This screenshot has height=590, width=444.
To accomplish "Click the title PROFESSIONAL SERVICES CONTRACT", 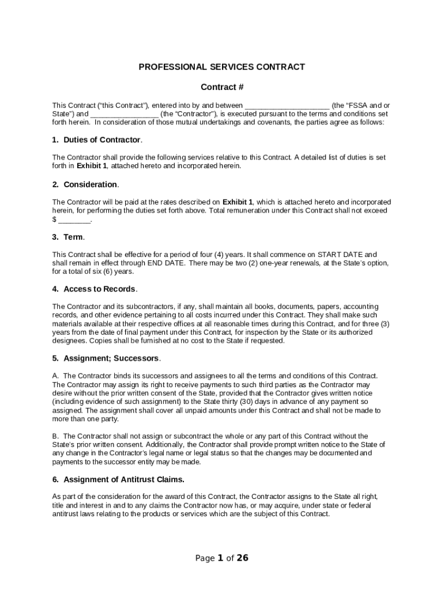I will tap(221, 67).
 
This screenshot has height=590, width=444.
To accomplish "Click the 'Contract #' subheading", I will tap(221, 87).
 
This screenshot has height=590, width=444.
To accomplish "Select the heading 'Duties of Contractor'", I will tap(101, 140).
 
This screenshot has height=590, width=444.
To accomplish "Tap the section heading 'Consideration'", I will tap(90, 184).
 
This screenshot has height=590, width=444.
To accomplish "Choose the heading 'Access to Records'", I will tap(99, 289).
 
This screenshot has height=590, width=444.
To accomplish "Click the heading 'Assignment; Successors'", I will tap(111, 358).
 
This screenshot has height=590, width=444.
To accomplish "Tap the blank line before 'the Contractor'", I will tap(124, 114).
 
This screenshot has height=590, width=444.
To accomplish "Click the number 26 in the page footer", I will tap(243, 558).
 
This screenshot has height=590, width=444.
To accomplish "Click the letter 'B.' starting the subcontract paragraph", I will tap(56, 436).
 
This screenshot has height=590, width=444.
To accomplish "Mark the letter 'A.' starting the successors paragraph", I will tap(56, 376).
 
